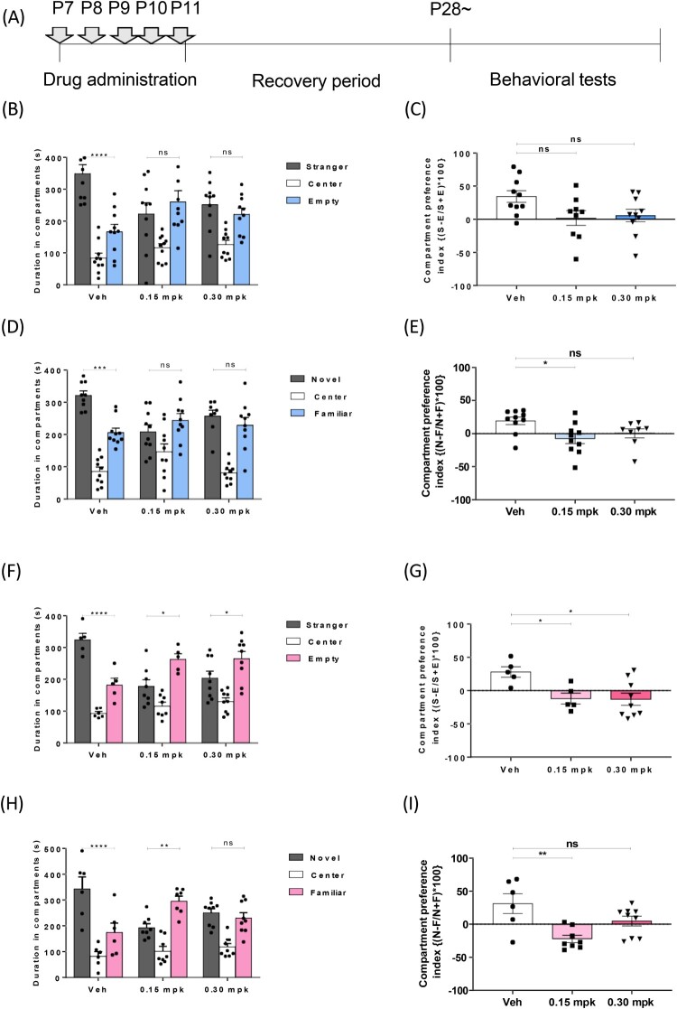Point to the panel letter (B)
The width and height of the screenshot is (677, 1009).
(16, 114)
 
